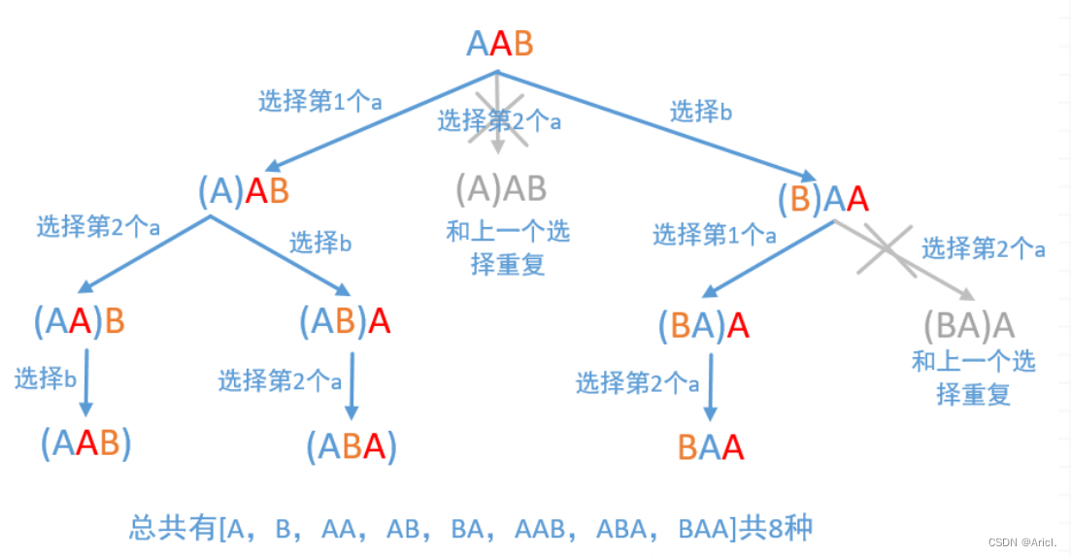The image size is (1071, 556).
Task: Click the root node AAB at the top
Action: click(x=499, y=44)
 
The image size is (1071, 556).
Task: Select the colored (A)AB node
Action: click(x=245, y=191)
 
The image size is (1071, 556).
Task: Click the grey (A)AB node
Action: click(x=501, y=188)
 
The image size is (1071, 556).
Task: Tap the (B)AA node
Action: click(x=822, y=200)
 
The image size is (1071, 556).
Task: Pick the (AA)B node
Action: click(x=80, y=321)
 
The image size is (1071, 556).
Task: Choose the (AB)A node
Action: click(x=345, y=321)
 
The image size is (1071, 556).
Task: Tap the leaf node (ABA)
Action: click(x=351, y=446)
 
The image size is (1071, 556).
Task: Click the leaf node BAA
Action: click(x=711, y=447)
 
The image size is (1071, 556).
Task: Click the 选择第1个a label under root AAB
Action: click(x=319, y=102)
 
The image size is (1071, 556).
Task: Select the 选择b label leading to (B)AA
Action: click(x=701, y=113)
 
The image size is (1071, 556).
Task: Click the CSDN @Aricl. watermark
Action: click(x=1023, y=541)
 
